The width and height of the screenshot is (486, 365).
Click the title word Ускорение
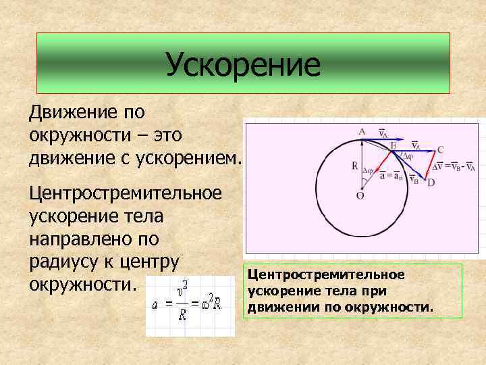(x=243, y=65)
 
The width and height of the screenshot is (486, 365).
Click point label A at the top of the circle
(x=362, y=131)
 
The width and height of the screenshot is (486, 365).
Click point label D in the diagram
(x=431, y=182)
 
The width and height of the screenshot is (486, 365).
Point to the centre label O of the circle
(x=360, y=197)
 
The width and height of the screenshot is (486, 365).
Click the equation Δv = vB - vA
(x=454, y=166)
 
